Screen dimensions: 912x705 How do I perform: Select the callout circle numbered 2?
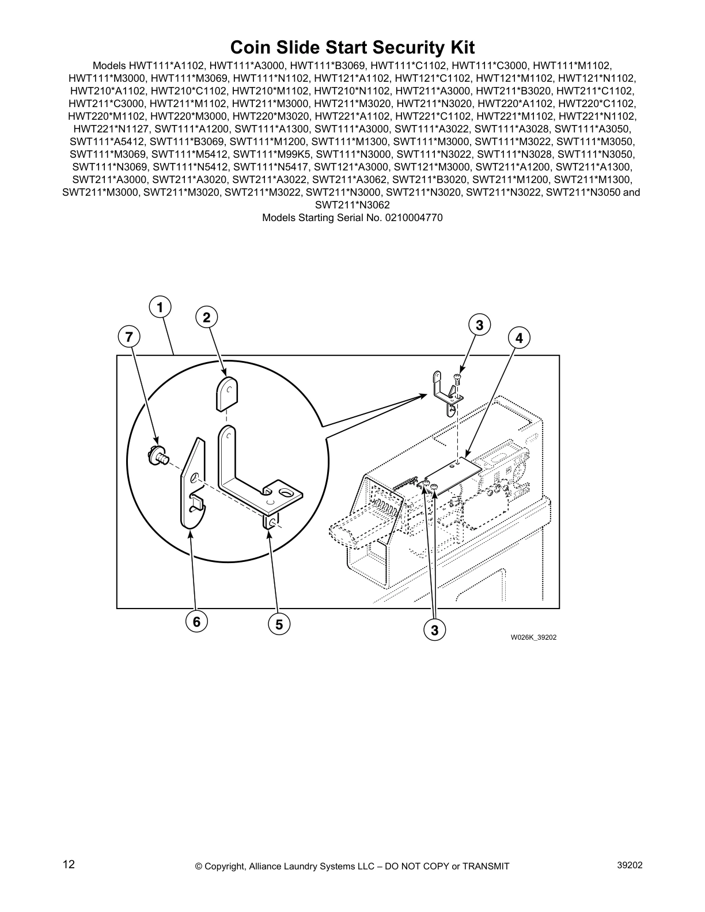[x=206, y=317]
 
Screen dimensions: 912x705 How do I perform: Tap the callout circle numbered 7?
[x=129, y=336]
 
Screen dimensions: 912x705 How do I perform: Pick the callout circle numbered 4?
[x=519, y=338]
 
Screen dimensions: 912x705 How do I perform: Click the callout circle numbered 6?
[x=196, y=621]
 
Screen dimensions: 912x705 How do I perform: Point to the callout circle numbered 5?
[x=279, y=624]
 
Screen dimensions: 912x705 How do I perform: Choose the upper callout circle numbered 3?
[x=479, y=325]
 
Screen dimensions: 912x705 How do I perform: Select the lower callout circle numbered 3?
[x=434, y=630]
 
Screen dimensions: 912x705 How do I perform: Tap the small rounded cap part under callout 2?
[x=226, y=393]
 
